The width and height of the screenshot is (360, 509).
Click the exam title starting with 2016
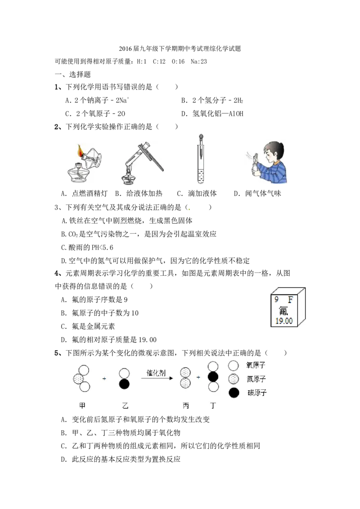pos(180,49)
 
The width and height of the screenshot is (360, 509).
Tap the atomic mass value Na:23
pos(199,61)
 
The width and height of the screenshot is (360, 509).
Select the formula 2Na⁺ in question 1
pos(122,100)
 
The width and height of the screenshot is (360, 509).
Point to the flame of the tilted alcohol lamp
pos(80,151)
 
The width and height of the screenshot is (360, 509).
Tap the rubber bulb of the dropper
pos(201,137)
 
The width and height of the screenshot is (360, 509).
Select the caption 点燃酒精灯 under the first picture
pos(90,194)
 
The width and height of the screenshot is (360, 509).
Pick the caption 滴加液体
pos(202,194)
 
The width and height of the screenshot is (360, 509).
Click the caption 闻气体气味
pos(263,194)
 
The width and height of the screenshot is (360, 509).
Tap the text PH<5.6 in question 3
pos(102,248)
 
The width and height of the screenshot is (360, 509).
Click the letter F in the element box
pos(290,299)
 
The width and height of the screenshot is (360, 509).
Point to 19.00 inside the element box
pos(284,321)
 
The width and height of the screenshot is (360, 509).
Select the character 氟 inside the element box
pos(283,311)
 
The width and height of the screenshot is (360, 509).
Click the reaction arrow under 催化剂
pos(157,378)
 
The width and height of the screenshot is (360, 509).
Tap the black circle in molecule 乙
pos(124,384)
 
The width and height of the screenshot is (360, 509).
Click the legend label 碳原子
pos(257,393)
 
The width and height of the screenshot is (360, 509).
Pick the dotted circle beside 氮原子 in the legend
pos(234,379)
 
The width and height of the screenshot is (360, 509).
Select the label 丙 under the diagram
pos(186,406)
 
